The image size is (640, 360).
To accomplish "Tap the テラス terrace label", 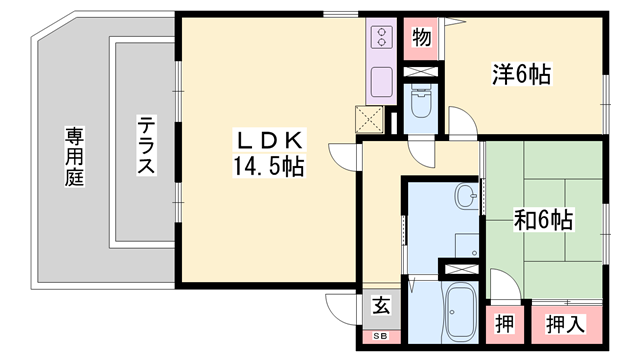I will pyautogui.click(x=146, y=146).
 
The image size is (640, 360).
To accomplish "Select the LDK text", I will pyautogui.click(x=268, y=138).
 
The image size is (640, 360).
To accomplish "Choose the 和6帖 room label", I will pyautogui.click(x=543, y=219).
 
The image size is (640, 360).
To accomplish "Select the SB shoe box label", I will pyautogui.click(x=380, y=336).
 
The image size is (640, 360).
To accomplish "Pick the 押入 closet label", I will pyautogui.click(x=566, y=323).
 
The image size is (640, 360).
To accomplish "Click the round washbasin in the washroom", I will pyautogui.click(x=466, y=195).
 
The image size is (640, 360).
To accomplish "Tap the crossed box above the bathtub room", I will pyautogui.click(x=461, y=268).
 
